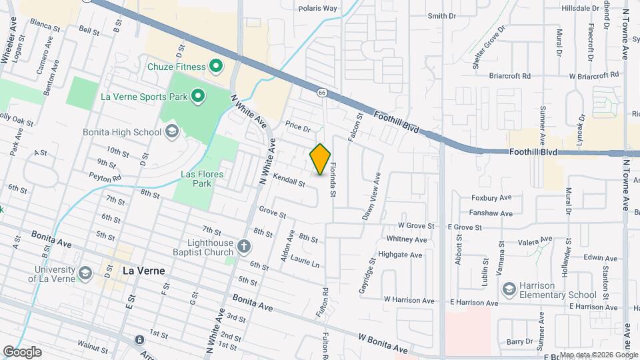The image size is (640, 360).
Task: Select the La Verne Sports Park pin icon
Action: (x=197, y=97)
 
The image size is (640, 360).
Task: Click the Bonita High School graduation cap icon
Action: (x=172, y=131)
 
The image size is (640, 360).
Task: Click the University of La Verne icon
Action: (x=85, y=273)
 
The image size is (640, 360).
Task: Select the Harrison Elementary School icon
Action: (x=509, y=289)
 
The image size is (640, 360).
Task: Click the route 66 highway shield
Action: (x=321, y=92)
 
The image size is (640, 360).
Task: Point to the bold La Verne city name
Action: (x=144, y=271)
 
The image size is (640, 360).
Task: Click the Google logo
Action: (x=23, y=351)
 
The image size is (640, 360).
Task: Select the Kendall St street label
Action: (x=289, y=180)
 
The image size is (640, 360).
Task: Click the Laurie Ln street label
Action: (x=304, y=262)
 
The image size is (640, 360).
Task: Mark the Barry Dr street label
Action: (x=519, y=341)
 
